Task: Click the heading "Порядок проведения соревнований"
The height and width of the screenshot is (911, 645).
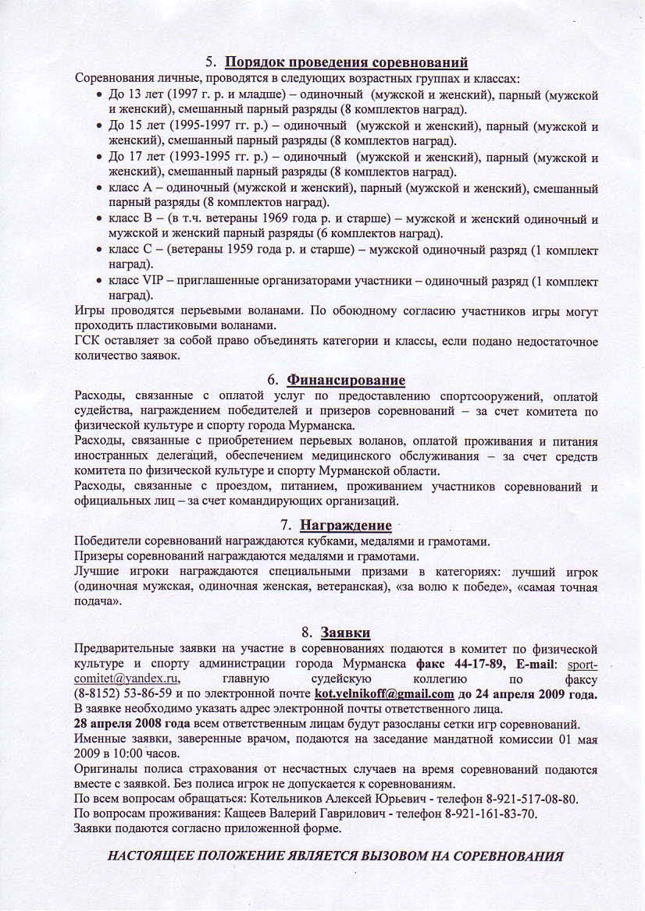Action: point(347,62)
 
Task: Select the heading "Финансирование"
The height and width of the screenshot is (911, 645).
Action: point(346,380)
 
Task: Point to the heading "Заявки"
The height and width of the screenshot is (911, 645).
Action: point(346,631)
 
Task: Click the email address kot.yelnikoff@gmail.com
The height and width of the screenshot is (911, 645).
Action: point(384,693)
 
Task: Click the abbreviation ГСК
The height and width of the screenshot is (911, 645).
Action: point(87,342)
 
